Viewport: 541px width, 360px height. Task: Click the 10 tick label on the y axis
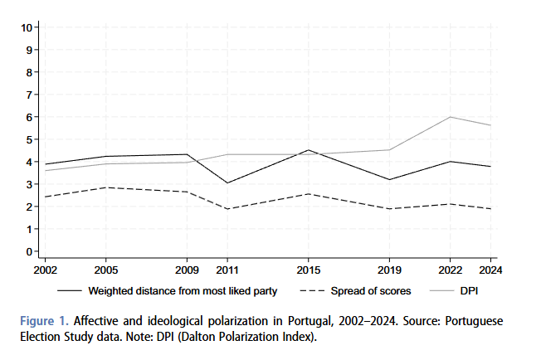pos(27,27)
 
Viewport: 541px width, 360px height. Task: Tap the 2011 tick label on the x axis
pos(227,270)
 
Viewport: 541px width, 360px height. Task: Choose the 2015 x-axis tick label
pos(309,270)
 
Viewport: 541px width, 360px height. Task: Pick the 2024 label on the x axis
pos(491,270)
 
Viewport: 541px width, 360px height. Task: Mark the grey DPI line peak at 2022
pos(450,117)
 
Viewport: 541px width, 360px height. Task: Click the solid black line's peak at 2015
pos(309,150)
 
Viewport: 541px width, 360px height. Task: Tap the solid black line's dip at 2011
pos(227,183)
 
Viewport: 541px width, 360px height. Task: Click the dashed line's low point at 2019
pos(388,209)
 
